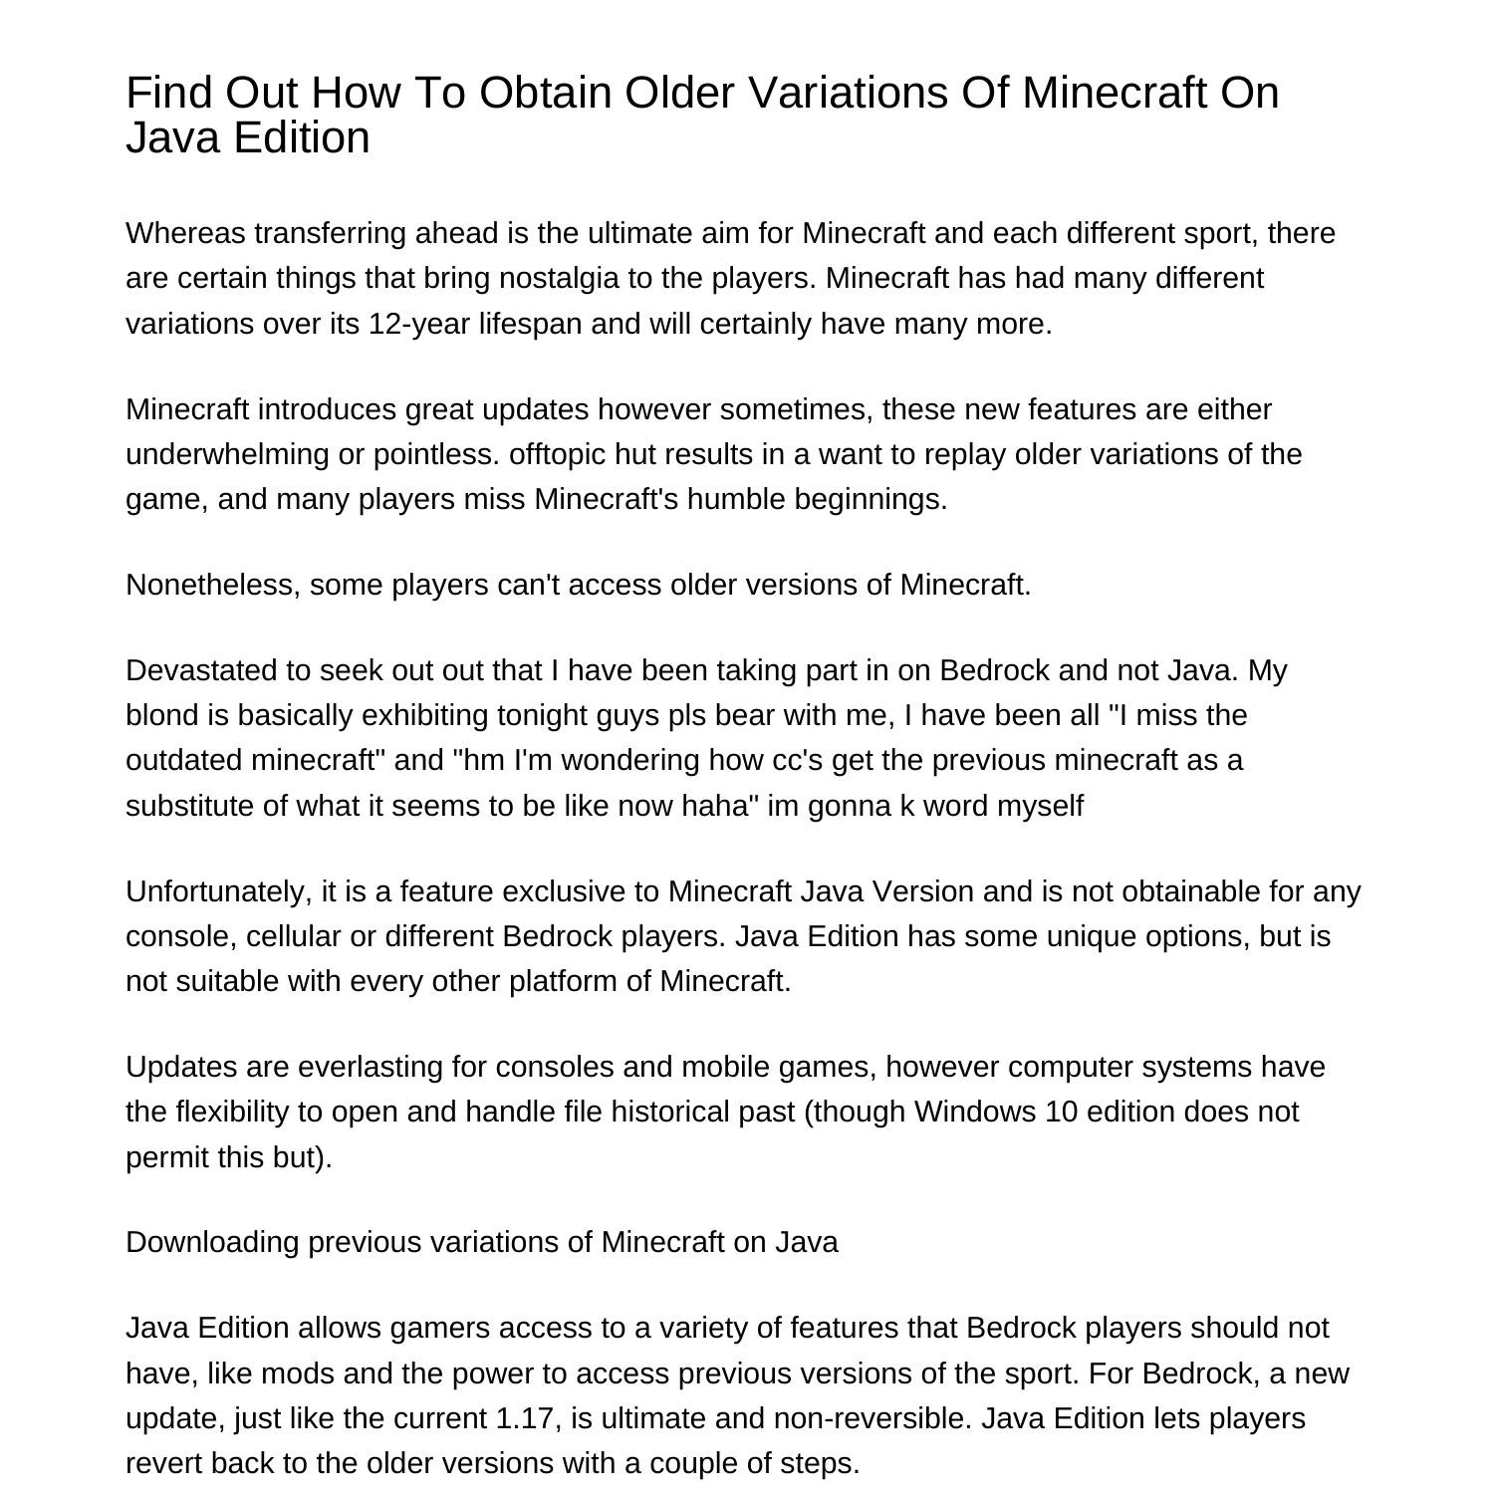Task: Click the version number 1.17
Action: tap(523, 1418)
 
